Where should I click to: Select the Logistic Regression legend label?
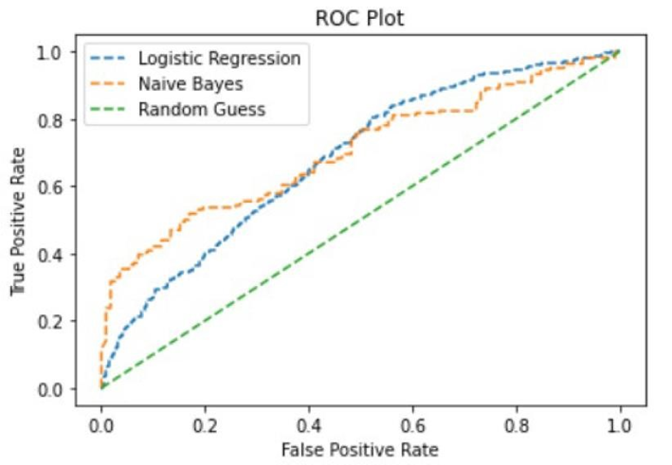tap(219, 59)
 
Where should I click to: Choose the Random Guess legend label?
tap(201, 109)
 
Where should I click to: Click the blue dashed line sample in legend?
tap(109, 60)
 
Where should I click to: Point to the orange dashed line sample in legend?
tap(109, 84)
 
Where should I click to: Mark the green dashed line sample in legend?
tap(109, 109)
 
